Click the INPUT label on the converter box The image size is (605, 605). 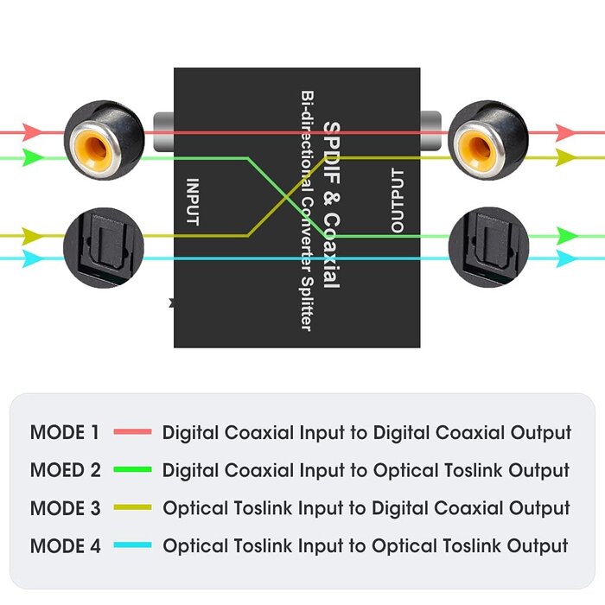tap(194, 201)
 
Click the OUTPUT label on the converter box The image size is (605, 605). tap(397, 201)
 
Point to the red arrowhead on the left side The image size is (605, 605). tap(32, 132)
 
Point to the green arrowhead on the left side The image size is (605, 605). tap(32, 157)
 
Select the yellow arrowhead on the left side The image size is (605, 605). tap(32, 235)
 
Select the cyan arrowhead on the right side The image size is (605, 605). tap(566, 258)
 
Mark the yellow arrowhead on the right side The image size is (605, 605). tap(566, 157)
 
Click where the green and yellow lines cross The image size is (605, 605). tap(287, 196)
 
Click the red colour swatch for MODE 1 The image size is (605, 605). tap(131, 431)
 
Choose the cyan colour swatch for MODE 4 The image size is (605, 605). tap(131, 545)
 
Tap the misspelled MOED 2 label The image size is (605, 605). tap(65, 470)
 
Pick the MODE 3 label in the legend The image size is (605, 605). tap(65, 508)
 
